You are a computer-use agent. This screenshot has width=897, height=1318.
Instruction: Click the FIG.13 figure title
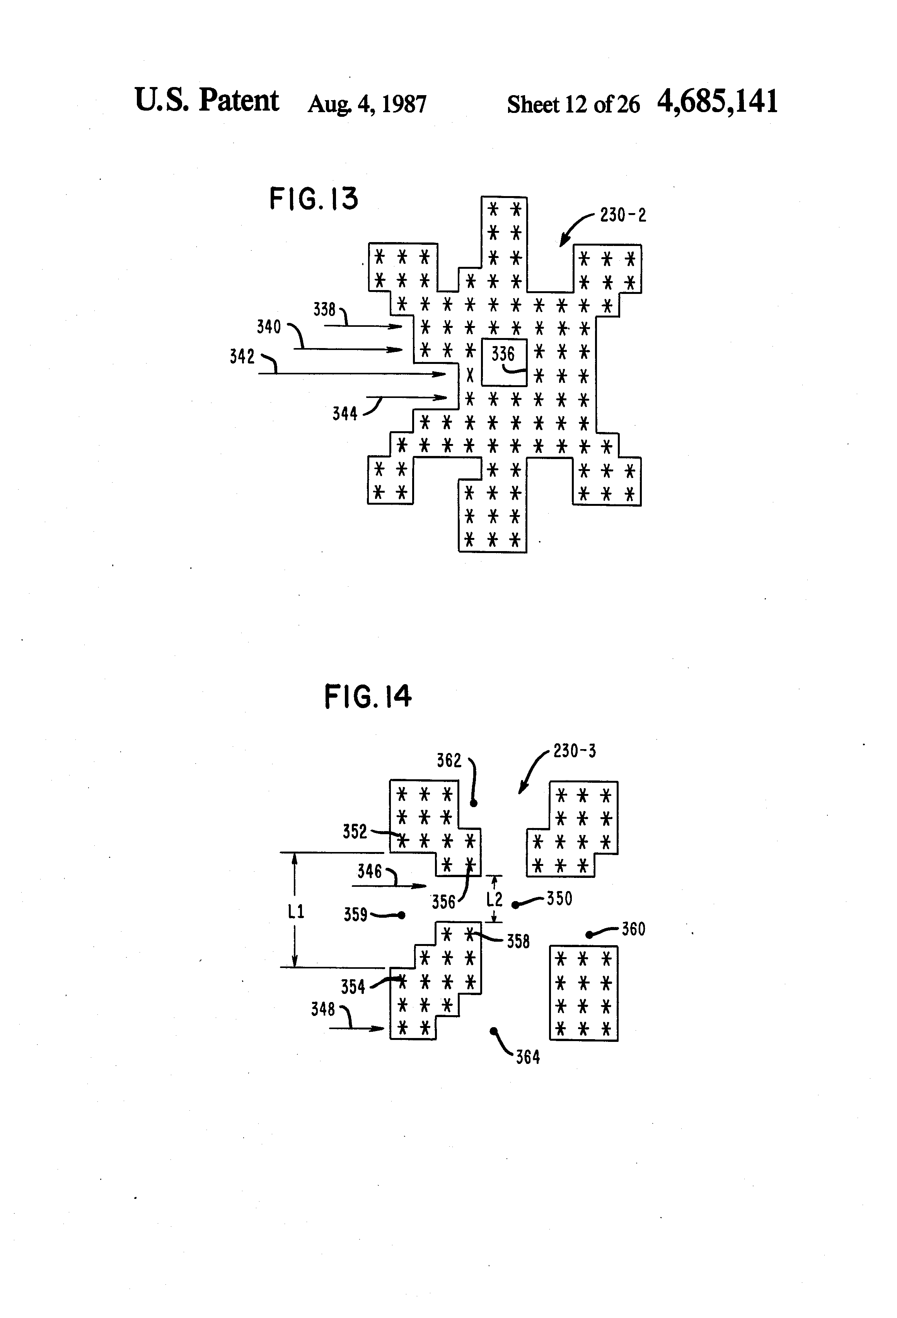(x=314, y=199)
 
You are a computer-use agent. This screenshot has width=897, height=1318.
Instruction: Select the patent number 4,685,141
(x=717, y=102)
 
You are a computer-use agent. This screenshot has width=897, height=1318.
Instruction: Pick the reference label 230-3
(x=575, y=751)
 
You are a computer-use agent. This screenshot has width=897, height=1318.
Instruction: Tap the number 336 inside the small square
(x=502, y=355)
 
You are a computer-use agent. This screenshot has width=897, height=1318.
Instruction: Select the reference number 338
(x=324, y=310)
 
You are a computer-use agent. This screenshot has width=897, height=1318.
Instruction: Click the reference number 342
(x=242, y=357)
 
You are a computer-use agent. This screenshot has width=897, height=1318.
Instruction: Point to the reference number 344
(x=345, y=414)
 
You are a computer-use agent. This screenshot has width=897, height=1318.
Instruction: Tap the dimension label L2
(x=495, y=899)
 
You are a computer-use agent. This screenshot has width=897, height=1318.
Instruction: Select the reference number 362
(x=449, y=760)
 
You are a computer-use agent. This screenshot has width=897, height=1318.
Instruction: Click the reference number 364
(x=527, y=1057)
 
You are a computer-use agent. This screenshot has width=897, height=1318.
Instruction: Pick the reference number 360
(x=633, y=929)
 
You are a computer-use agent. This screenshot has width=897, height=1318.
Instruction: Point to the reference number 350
(x=559, y=898)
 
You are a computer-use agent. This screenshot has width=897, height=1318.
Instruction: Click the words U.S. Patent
(x=206, y=101)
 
